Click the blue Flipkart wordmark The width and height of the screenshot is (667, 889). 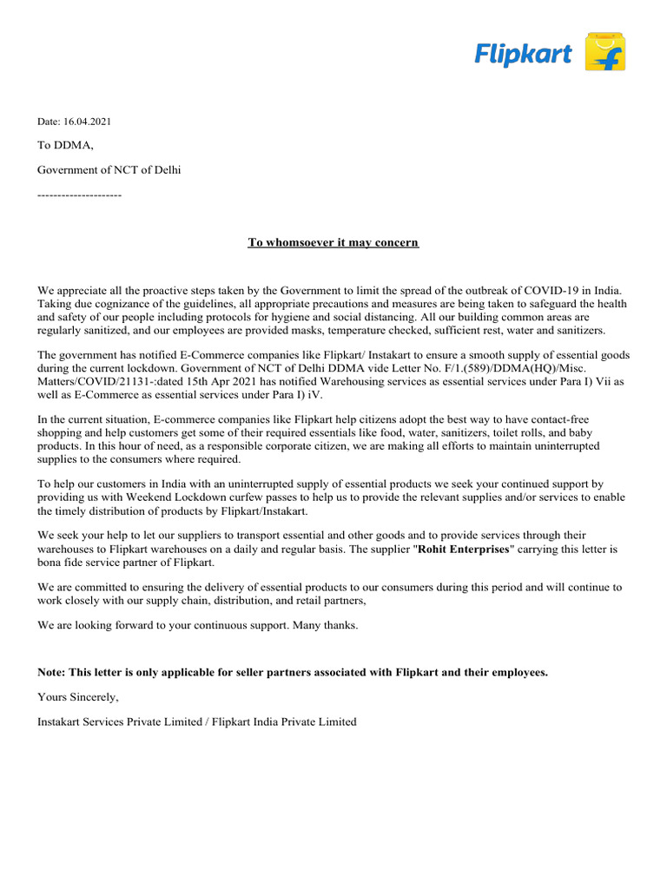click(x=523, y=55)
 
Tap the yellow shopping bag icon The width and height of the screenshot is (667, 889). click(x=605, y=52)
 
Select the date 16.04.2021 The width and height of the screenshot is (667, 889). click(x=88, y=122)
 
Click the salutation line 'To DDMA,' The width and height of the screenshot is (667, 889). click(x=65, y=145)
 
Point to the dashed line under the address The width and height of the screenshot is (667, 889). click(x=79, y=194)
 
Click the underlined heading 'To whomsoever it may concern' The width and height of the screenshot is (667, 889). click(x=333, y=242)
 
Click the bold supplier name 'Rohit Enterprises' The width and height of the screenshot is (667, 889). click(x=464, y=550)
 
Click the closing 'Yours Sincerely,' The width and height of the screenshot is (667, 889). click(x=78, y=697)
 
